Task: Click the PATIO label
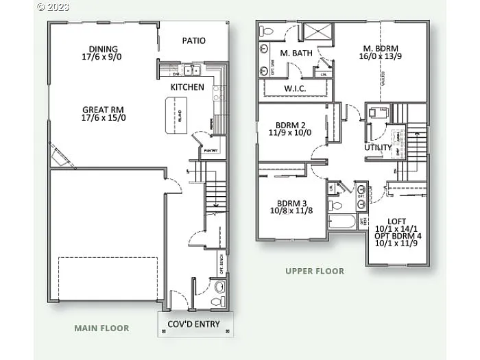click(194, 41)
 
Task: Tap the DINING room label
click(103, 49)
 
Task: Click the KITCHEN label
click(187, 87)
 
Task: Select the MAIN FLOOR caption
click(101, 328)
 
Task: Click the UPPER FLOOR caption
click(315, 271)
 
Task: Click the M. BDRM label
click(381, 48)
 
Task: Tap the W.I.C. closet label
click(295, 89)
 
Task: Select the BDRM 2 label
click(290, 125)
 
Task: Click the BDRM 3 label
click(291, 203)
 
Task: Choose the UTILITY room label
click(378, 147)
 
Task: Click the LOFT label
click(396, 221)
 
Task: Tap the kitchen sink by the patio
click(190, 70)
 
